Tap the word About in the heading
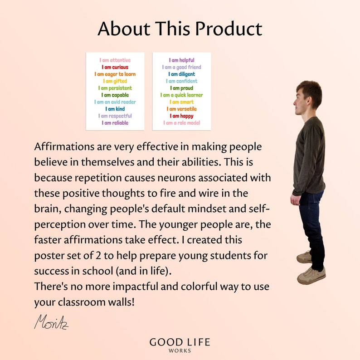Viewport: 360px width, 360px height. (124, 29)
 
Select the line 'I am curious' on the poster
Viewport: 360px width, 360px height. (115, 67)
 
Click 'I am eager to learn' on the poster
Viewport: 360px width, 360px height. (115, 74)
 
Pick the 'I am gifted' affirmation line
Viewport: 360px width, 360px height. (115, 81)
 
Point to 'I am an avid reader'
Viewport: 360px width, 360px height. (115, 102)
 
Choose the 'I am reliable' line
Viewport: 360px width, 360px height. (115, 123)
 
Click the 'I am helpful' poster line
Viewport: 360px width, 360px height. (181, 60)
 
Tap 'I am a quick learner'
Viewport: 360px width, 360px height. (181, 95)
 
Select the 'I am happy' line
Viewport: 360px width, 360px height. (181, 116)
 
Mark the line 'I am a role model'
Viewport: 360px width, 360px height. (181, 123)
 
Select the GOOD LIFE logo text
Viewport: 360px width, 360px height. (180, 342)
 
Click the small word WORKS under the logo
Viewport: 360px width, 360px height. (180, 351)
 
